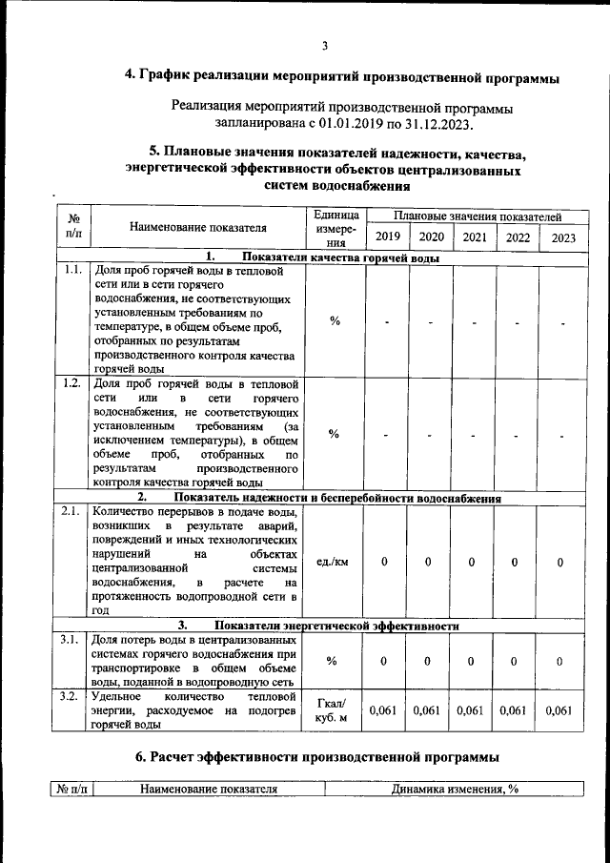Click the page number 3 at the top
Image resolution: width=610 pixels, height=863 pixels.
[x=324, y=46]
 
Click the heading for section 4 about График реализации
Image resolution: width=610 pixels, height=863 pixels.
[x=342, y=77]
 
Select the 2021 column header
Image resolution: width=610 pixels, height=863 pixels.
[x=474, y=237]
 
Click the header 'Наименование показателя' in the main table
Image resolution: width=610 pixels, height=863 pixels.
[x=198, y=228]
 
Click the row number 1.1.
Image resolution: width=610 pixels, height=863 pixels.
[x=71, y=271]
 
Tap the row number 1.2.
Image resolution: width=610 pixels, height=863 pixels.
[x=71, y=383]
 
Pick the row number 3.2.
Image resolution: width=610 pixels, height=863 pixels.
[x=71, y=697]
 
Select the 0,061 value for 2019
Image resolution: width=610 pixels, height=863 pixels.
[x=383, y=710]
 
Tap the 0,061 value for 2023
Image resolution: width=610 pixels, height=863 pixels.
[x=559, y=710]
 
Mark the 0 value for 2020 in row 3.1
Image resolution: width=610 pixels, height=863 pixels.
[x=428, y=661]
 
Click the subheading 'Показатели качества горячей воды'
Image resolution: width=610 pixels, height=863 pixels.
[x=341, y=257]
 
